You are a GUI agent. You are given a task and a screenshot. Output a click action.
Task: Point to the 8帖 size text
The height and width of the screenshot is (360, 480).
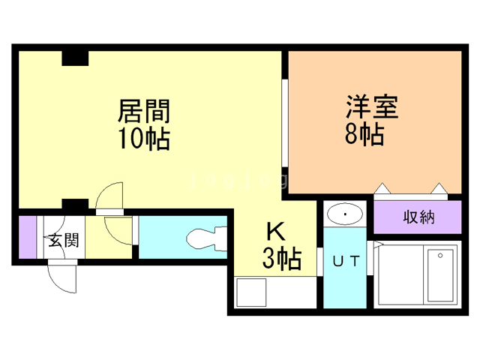(365, 135)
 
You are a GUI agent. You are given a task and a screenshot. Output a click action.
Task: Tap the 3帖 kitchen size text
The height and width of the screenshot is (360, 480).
(281, 259)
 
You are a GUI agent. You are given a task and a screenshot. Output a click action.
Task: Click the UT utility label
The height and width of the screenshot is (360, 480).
(345, 261)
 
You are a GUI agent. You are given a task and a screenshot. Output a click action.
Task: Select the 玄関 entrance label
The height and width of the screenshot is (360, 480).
(64, 241)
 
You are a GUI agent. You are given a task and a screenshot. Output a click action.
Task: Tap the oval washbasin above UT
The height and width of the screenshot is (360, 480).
(345, 215)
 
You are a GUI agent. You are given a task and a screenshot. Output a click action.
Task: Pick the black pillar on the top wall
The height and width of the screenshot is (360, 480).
(75, 58)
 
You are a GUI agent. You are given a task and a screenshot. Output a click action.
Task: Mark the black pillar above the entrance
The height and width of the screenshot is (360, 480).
(75, 204)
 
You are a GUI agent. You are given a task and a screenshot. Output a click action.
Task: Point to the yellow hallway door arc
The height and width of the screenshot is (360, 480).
(118, 228)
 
